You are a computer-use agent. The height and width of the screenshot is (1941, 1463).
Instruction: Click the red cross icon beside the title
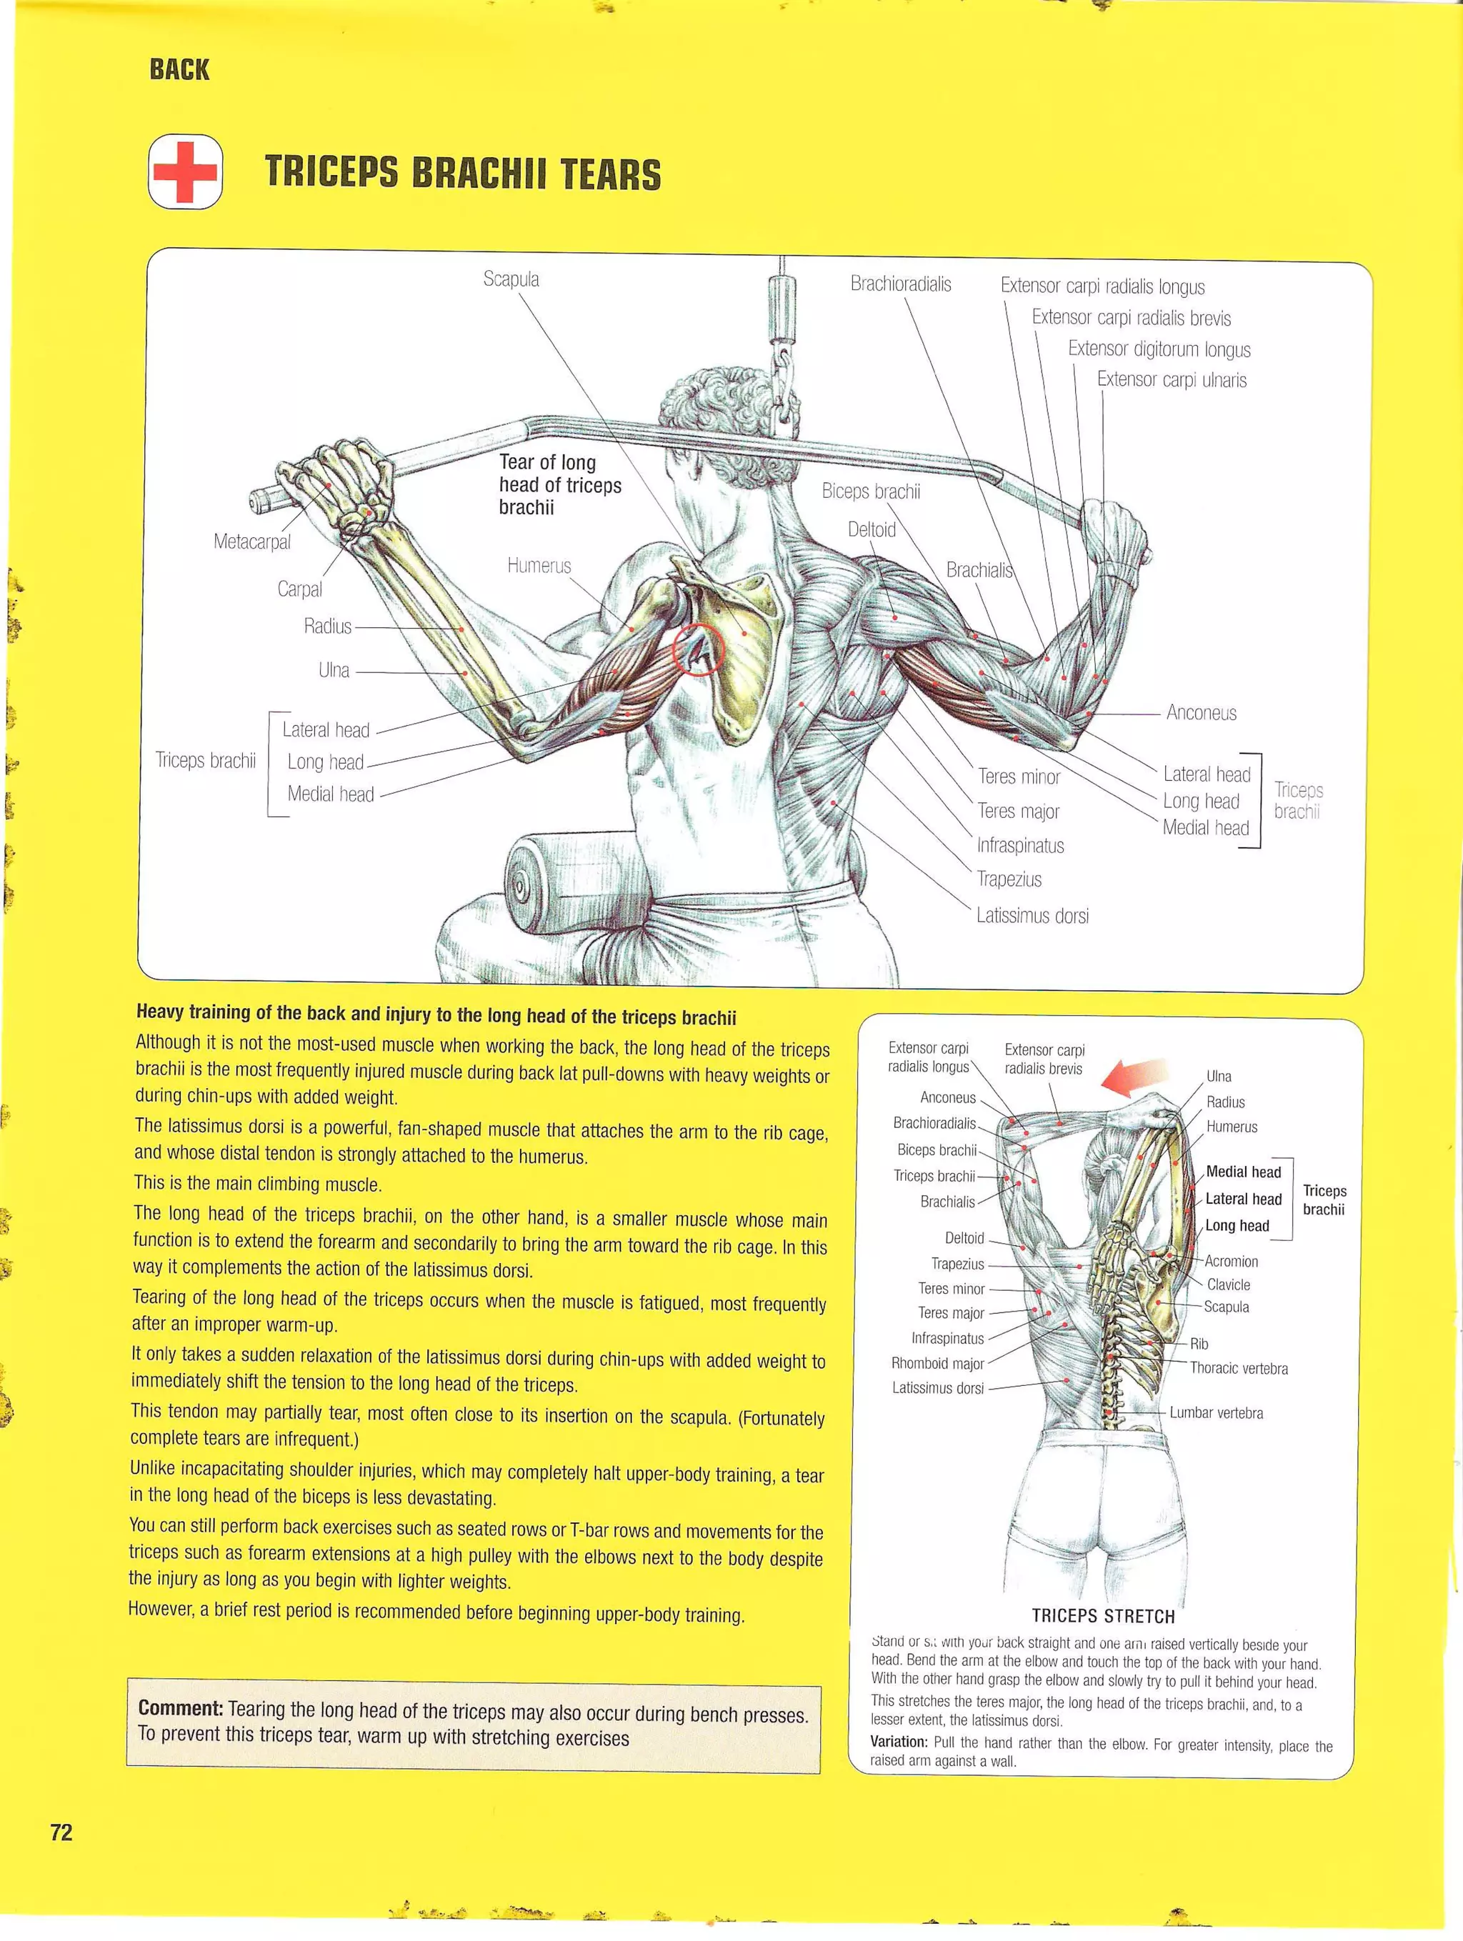(x=185, y=172)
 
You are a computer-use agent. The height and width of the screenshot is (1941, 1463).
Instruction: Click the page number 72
(x=61, y=1832)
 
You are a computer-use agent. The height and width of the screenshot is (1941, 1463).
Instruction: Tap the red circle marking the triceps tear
(x=698, y=649)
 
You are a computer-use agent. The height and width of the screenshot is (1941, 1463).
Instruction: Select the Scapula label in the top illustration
(x=511, y=279)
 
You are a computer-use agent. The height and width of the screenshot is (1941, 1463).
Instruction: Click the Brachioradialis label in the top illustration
(x=900, y=284)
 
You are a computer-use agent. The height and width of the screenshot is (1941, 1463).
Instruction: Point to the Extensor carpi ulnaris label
(x=1172, y=380)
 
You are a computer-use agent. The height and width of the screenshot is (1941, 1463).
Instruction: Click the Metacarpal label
(x=252, y=542)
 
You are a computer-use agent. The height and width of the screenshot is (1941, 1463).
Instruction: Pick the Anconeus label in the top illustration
(x=1201, y=712)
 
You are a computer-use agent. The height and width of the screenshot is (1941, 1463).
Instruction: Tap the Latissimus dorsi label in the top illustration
(x=1032, y=916)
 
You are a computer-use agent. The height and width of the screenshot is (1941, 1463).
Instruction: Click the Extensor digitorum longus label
(x=1159, y=349)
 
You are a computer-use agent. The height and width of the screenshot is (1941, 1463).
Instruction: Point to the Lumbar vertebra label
(x=1216, y=1413)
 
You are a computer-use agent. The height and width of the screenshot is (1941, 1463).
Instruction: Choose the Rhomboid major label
(x=937, y=1363)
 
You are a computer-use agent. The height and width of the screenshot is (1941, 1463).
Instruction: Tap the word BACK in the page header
(x=179, y=69)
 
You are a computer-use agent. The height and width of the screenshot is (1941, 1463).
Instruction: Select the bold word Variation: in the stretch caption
(x=898, y=1742)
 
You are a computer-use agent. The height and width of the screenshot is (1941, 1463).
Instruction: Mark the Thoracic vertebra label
(x=1238, y=1368)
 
